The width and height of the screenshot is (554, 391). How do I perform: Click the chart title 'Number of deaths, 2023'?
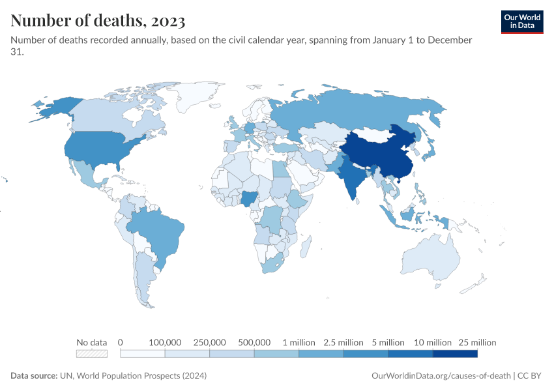coord(98,20)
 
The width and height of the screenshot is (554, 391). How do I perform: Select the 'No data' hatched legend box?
coord(91,354)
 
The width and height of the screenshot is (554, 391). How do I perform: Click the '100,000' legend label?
coord(165,342)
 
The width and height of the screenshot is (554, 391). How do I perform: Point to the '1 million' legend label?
coord(299,342)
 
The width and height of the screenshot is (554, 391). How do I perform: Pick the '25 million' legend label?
coord(477,342)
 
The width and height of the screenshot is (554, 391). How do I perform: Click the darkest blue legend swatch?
coord(455,354)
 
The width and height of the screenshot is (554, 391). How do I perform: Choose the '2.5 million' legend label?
coord(343,342)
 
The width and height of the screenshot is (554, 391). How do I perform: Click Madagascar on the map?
coord(304,248)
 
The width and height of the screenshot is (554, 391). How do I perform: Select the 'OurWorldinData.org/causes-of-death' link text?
coord(440,376)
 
